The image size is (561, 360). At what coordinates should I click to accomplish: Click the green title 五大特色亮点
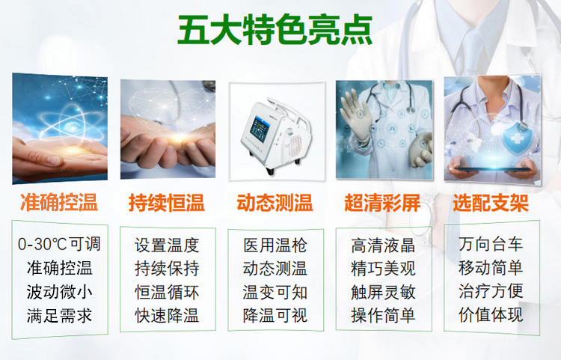coord(275,31)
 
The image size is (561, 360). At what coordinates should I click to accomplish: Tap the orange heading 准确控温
coord(59,203)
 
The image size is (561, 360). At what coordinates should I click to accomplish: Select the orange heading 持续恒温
coord(167,203)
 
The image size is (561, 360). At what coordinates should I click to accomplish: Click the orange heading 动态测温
coord(275,203)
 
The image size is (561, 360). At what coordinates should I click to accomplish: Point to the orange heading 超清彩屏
coord(382,203)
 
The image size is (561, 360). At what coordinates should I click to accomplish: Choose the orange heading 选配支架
coord(491,203)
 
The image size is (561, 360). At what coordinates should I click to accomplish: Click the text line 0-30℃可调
coord(59,244)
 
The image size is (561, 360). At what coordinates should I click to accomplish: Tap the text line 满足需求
coord(59,316)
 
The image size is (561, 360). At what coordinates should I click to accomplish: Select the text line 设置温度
coord(167,245)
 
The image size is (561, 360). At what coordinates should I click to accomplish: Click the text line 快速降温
coord(167,316)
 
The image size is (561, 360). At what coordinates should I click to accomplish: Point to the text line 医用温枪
coord(275,245)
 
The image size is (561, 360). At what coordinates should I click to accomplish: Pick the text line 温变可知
coord(275,293)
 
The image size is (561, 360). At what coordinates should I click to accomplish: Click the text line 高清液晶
coord(383,245)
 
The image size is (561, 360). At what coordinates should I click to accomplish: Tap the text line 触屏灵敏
coord(383,293)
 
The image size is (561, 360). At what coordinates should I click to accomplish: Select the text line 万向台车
coord(491,244)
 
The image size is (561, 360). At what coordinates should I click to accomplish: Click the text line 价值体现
coord(491,314)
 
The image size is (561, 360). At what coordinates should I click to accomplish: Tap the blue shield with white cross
coord(517,138)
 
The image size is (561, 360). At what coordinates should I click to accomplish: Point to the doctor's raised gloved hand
coord(355,115)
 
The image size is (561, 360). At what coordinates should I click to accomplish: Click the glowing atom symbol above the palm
coord(71,123)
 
